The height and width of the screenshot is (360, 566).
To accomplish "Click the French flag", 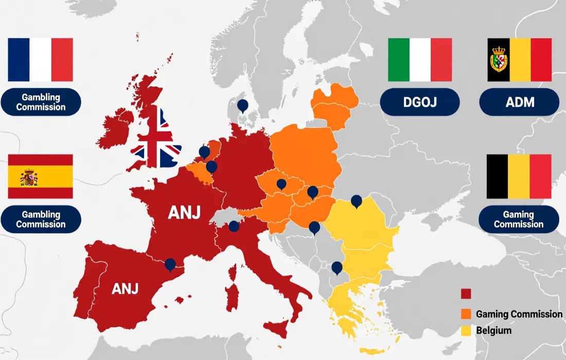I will pos(40,60).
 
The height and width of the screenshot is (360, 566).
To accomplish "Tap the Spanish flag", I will pos(40,176).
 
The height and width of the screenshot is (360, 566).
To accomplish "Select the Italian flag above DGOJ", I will pos(420,60).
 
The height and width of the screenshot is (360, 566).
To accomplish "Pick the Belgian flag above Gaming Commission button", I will pos(519,176).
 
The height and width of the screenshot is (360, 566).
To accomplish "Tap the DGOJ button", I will pos(419,102).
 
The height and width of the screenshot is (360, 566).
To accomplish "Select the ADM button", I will pos(519,102).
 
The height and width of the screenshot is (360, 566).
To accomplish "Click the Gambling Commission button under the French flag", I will pos(41,102).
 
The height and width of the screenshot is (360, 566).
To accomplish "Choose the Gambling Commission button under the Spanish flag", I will pos(41,219).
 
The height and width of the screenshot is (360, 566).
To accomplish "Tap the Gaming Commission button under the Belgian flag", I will pos(519,219).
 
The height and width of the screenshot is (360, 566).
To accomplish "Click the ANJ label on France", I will pos(184,212).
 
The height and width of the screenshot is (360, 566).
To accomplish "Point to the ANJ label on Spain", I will pos(125,289).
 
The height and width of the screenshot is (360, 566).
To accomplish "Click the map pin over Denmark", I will pos(242,106).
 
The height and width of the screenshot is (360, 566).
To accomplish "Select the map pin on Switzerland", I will pos(234,226).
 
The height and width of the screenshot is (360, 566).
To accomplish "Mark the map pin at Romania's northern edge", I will pos(356,201).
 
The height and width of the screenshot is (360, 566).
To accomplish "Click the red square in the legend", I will pos(466,294).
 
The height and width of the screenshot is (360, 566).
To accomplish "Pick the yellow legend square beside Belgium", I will pos(466,331).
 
